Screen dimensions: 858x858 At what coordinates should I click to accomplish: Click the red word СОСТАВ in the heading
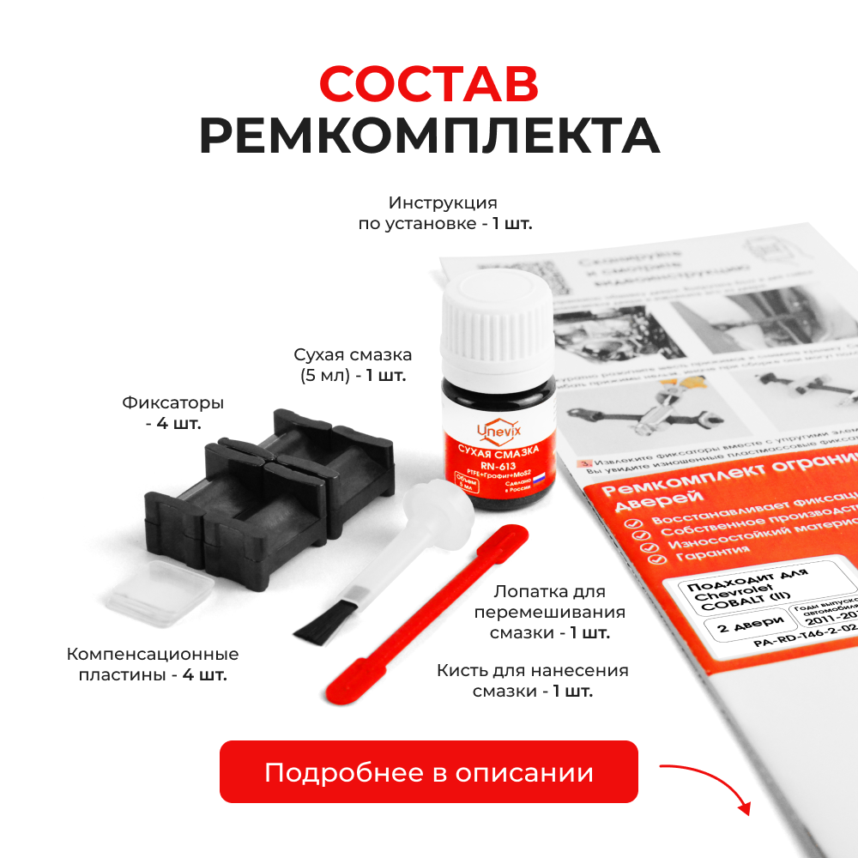[x=429, y=82]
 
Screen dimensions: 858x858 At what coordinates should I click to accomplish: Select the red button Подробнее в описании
[x=429, y=772]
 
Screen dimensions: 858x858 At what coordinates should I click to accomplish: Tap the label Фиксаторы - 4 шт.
[x=172, y=413]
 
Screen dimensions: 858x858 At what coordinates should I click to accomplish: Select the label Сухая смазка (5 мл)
[x=353, y=365]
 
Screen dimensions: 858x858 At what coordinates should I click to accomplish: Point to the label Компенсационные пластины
[x=153, y=664]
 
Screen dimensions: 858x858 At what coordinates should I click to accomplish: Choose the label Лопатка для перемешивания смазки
[x=549, y=613]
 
